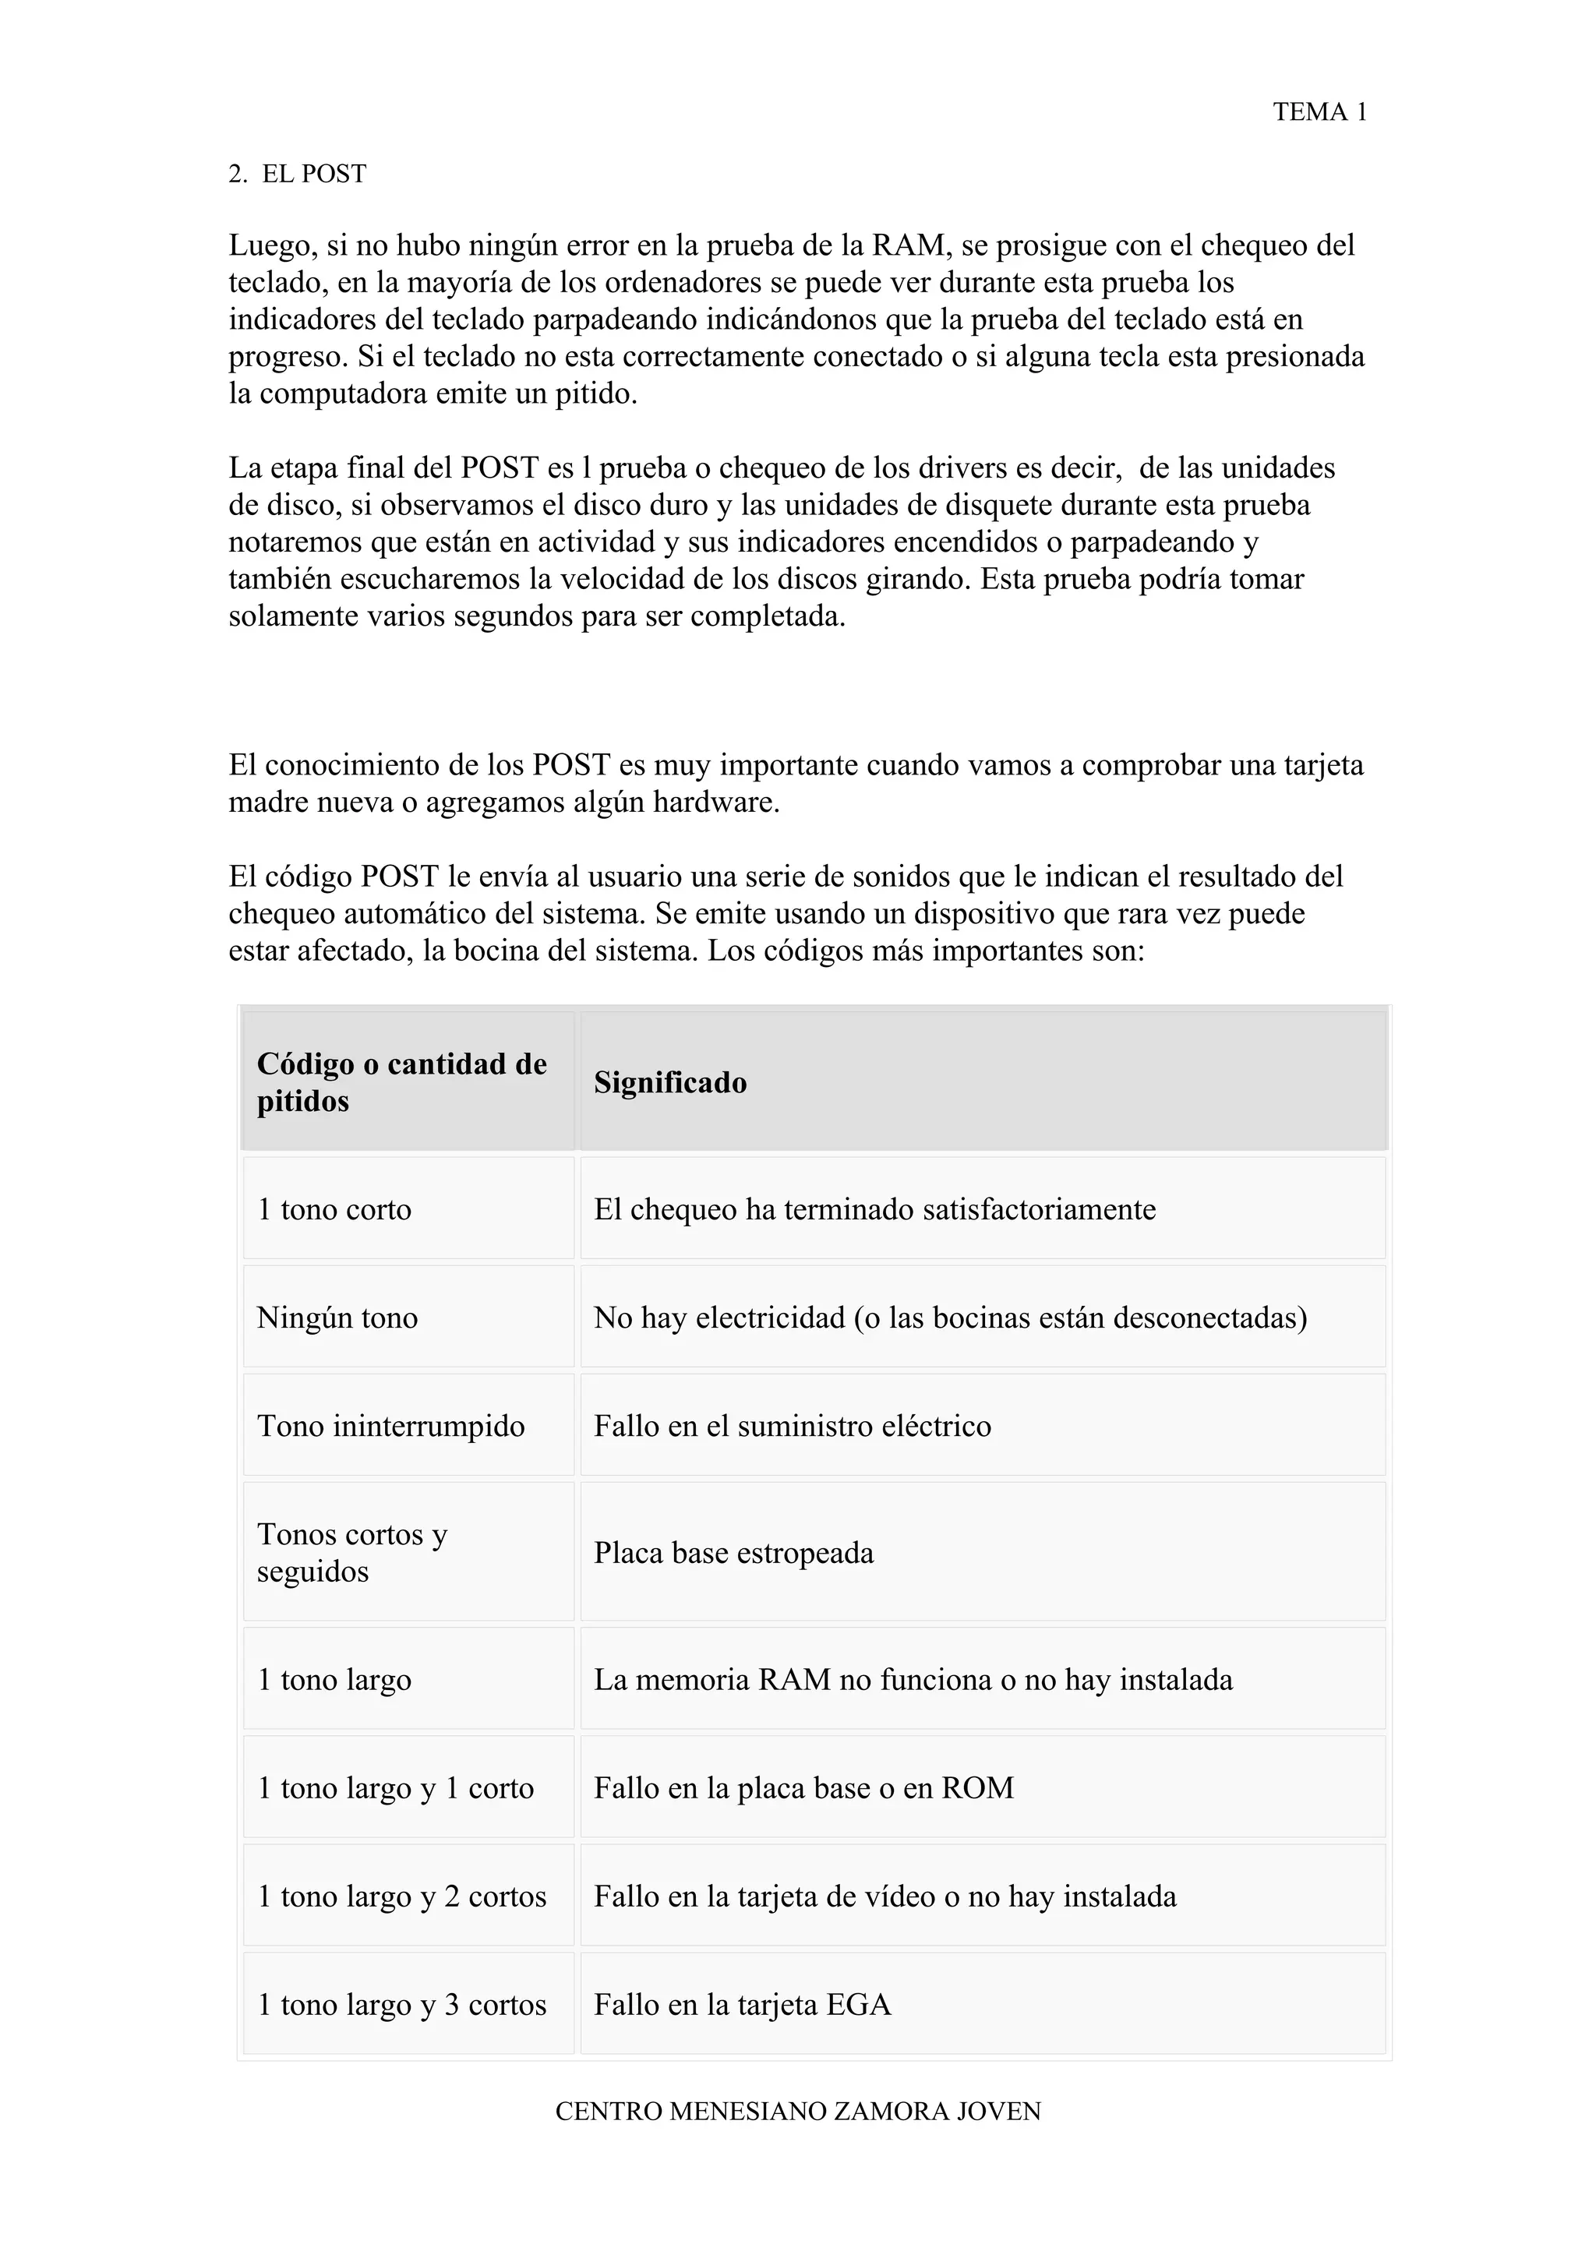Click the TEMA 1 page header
point(1319,112)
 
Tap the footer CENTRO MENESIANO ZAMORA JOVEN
point(797,2111)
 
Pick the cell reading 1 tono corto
point(334,1208)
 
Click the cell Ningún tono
point(337,1317)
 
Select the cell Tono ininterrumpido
point(390,1425)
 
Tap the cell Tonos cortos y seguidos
point(352,1552)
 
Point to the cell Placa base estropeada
point(733,1553)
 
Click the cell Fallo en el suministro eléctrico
point(793,1425)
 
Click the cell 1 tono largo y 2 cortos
point(401,1896)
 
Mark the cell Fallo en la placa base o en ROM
point(803,1788)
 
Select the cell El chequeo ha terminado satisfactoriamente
point(874,1208)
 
